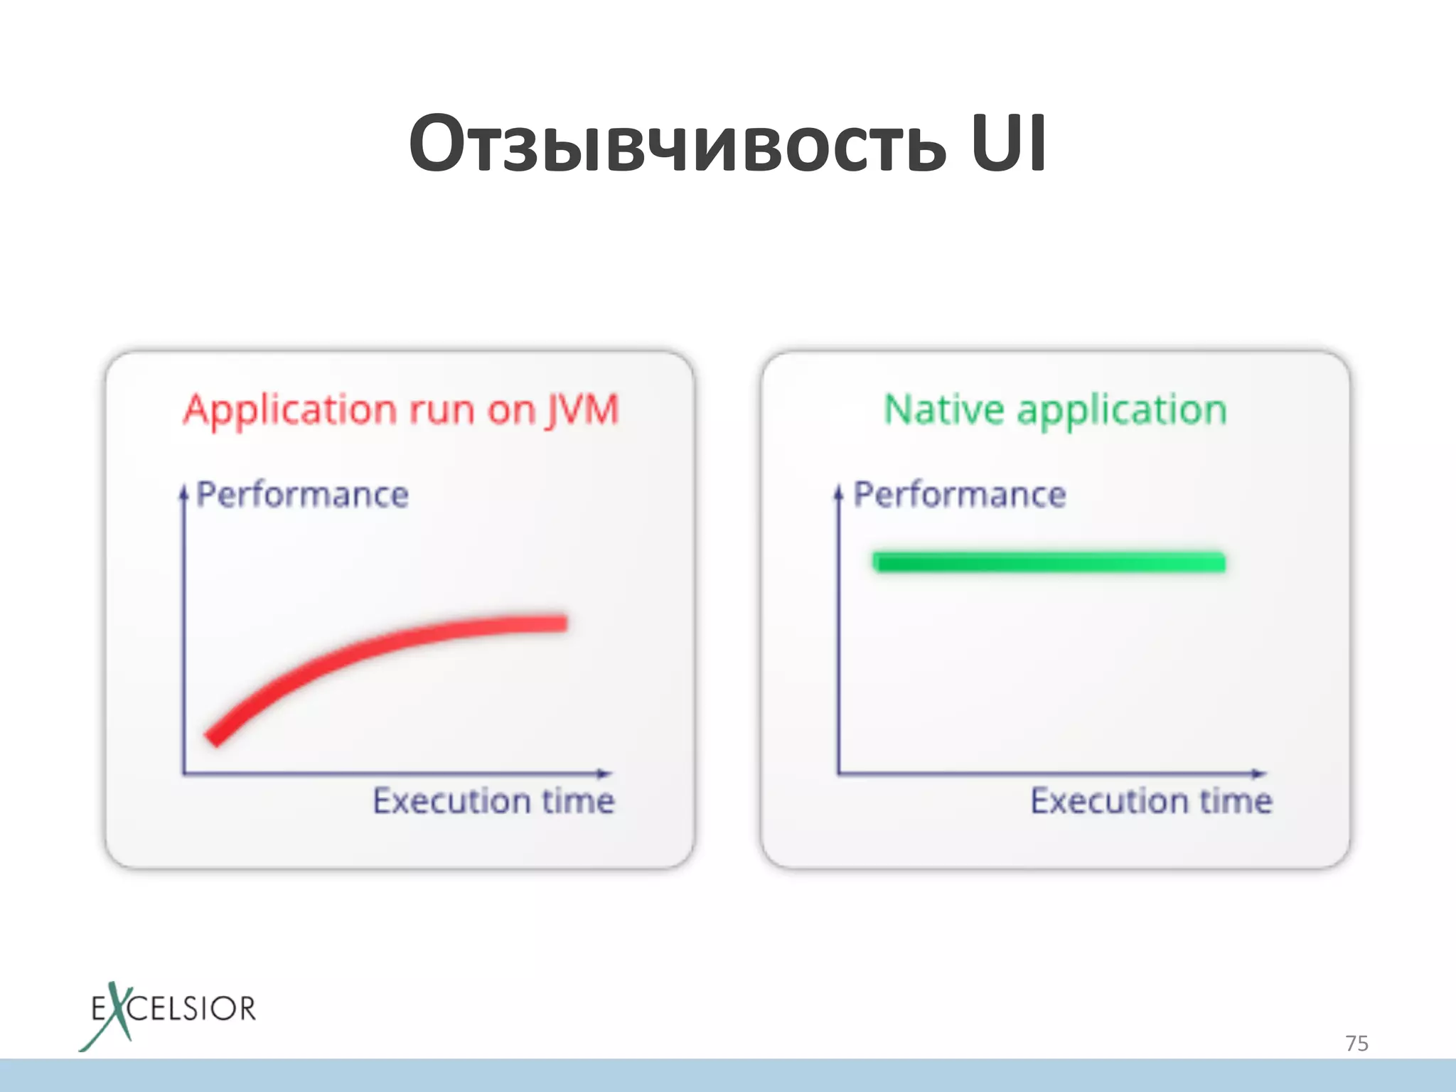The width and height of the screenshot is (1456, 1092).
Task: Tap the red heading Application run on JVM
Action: [x=401, y=410]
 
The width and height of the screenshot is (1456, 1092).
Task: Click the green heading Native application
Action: [x=1055, y=410]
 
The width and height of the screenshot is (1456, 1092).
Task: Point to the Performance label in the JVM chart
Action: [x=302, y=495]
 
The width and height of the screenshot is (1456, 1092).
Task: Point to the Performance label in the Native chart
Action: [x=960, y=495]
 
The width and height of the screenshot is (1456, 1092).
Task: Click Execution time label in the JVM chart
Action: [x=493, y=801]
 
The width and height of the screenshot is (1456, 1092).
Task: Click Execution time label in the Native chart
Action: [x=1151, y=801]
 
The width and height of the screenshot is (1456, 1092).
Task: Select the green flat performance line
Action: [x=1049, y=562]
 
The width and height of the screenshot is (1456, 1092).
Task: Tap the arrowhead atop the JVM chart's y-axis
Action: [x=183, y=491]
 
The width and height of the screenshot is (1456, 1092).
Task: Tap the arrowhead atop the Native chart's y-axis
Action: [x=838, y=491]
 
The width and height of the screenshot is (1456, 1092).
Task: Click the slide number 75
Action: [x=1356, y=1043]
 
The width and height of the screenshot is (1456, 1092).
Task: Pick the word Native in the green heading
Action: [x=943, y=410]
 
